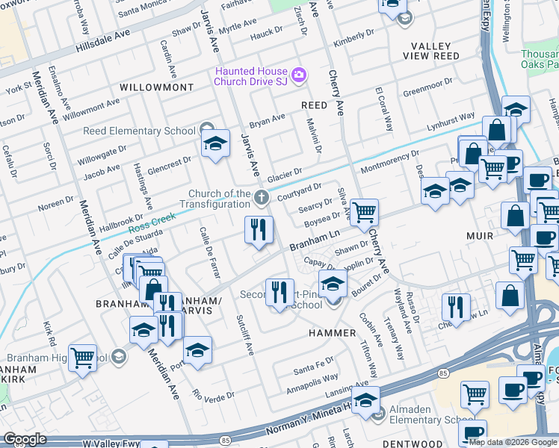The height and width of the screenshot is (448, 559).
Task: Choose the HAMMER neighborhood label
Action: (x=334, y=333)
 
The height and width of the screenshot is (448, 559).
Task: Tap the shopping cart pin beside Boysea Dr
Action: (x=364, y=214)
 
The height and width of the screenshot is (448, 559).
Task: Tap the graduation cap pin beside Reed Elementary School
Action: (x=215, y=146)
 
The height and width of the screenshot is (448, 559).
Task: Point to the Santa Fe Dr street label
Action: (x=313, y=367)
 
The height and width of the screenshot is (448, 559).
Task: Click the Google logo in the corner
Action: (x=25, y=439)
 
